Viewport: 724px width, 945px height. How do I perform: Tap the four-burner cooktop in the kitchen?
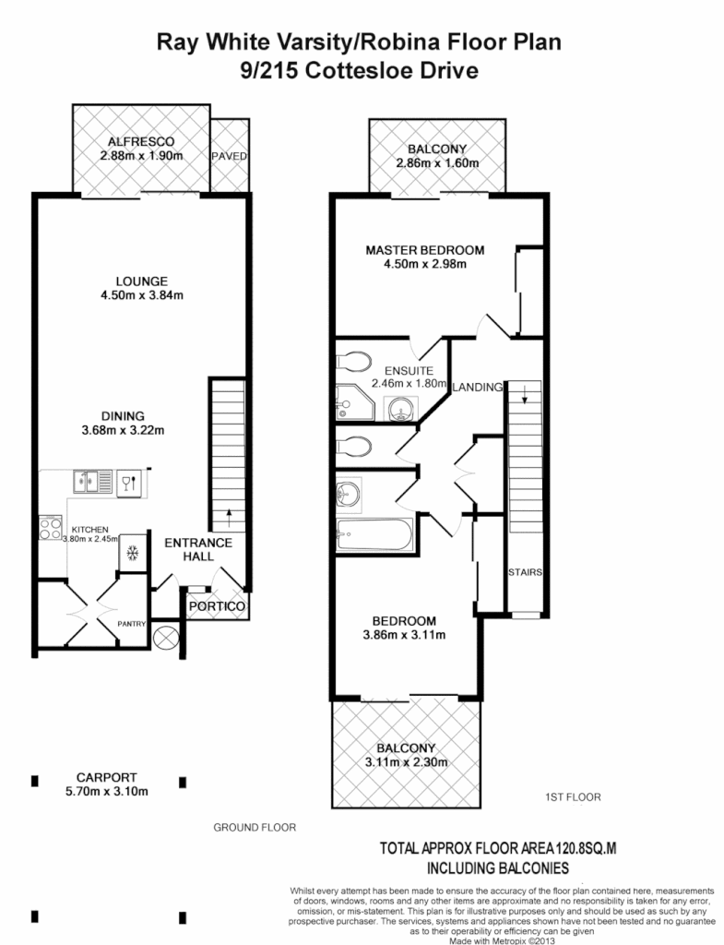coord(48,527)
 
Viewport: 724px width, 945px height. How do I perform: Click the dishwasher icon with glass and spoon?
coord(129,482)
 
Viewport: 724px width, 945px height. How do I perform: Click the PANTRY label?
coord(132,625)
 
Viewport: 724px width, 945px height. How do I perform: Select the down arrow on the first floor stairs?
coord(525,399)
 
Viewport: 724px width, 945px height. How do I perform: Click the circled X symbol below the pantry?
coord(166,638)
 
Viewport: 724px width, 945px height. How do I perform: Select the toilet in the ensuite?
coord(356,360)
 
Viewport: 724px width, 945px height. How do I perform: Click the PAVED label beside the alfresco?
coord(229,156)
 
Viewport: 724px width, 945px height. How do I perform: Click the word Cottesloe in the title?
coord(372,70)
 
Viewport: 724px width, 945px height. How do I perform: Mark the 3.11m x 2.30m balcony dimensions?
coord(407,762)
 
